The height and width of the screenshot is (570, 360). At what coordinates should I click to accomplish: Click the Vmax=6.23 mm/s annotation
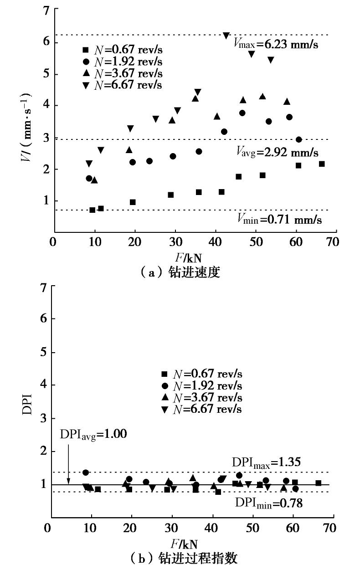coord(276,45)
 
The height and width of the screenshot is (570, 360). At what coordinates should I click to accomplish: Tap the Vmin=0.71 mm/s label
coord(279,220)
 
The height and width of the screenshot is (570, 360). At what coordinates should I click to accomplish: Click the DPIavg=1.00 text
coord(93,434)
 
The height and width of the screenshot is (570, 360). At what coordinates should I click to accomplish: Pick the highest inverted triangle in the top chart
coord(226,36)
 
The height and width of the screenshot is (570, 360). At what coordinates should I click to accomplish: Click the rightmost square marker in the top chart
coord(322,164)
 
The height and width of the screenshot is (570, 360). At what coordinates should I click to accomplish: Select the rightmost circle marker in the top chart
coord(299,139)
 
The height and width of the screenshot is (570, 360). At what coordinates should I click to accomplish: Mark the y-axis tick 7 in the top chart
coord(46,10)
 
